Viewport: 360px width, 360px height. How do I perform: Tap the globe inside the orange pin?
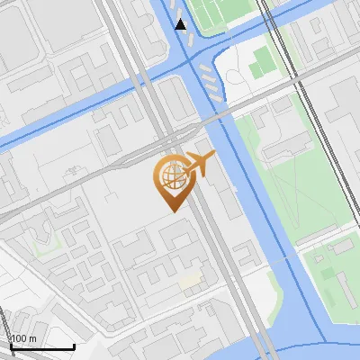point(171,175)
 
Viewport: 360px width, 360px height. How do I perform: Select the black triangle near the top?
point(182,24)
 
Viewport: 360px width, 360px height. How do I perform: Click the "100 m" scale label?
point(23,338)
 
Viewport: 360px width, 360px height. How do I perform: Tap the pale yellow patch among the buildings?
point(189,282)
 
